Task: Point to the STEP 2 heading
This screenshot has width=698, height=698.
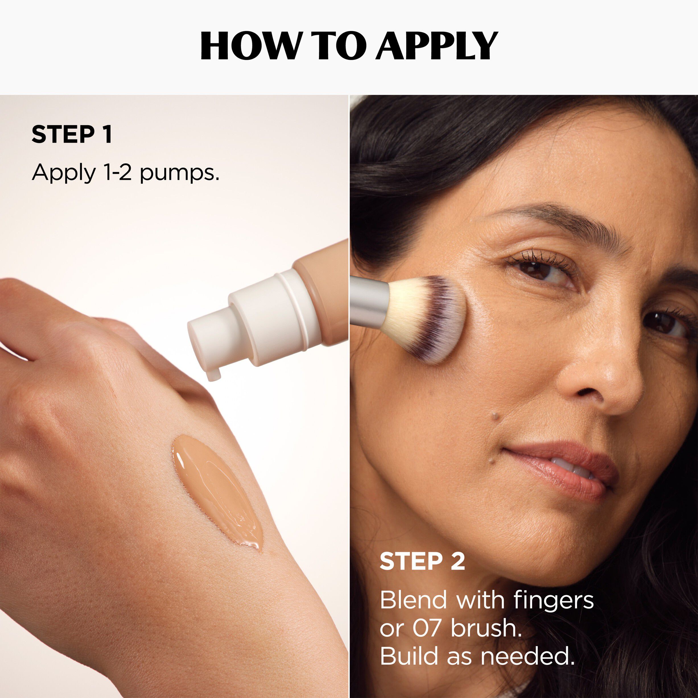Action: point(422,561)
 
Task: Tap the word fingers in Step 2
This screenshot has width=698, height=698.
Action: point(553,600)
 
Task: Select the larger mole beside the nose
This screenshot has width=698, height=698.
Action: point(496,416)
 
